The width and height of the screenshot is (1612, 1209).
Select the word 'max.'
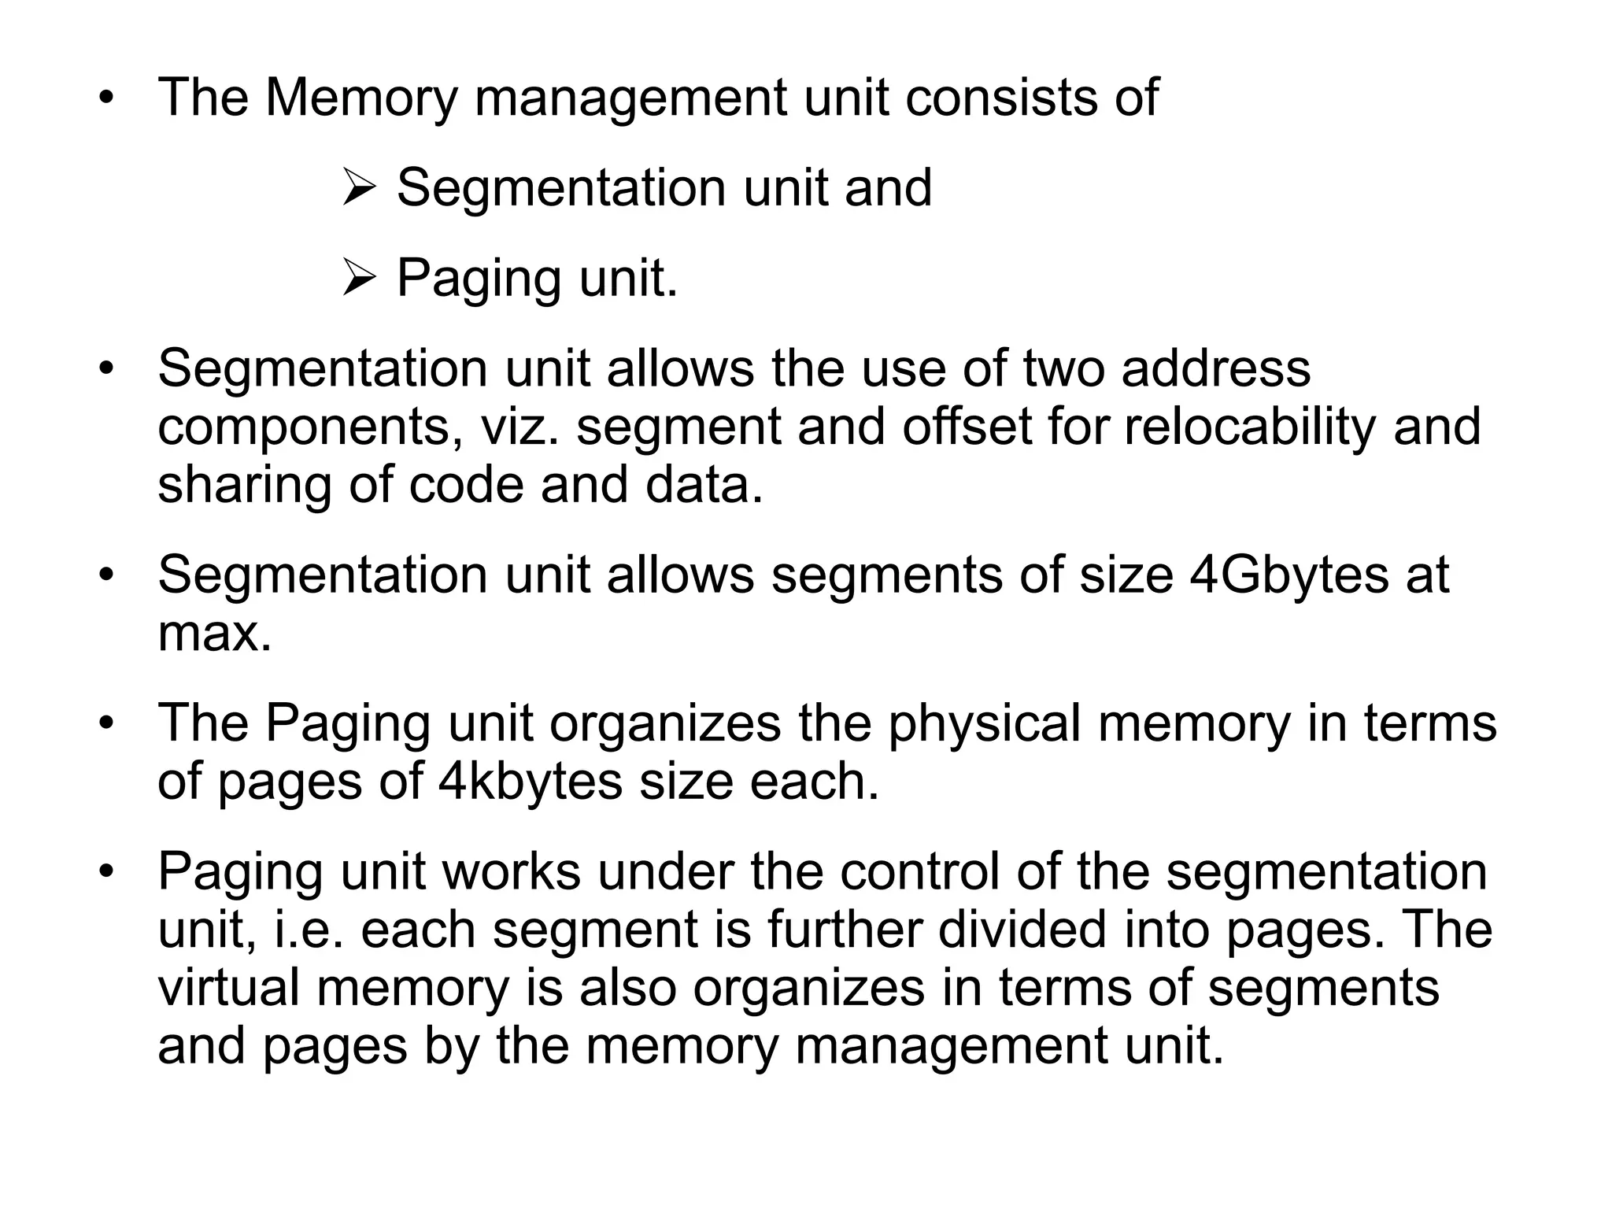tap(214, 634)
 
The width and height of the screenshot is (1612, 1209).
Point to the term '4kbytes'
tap(531, 782)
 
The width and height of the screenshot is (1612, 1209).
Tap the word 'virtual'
tap(229, 988)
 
